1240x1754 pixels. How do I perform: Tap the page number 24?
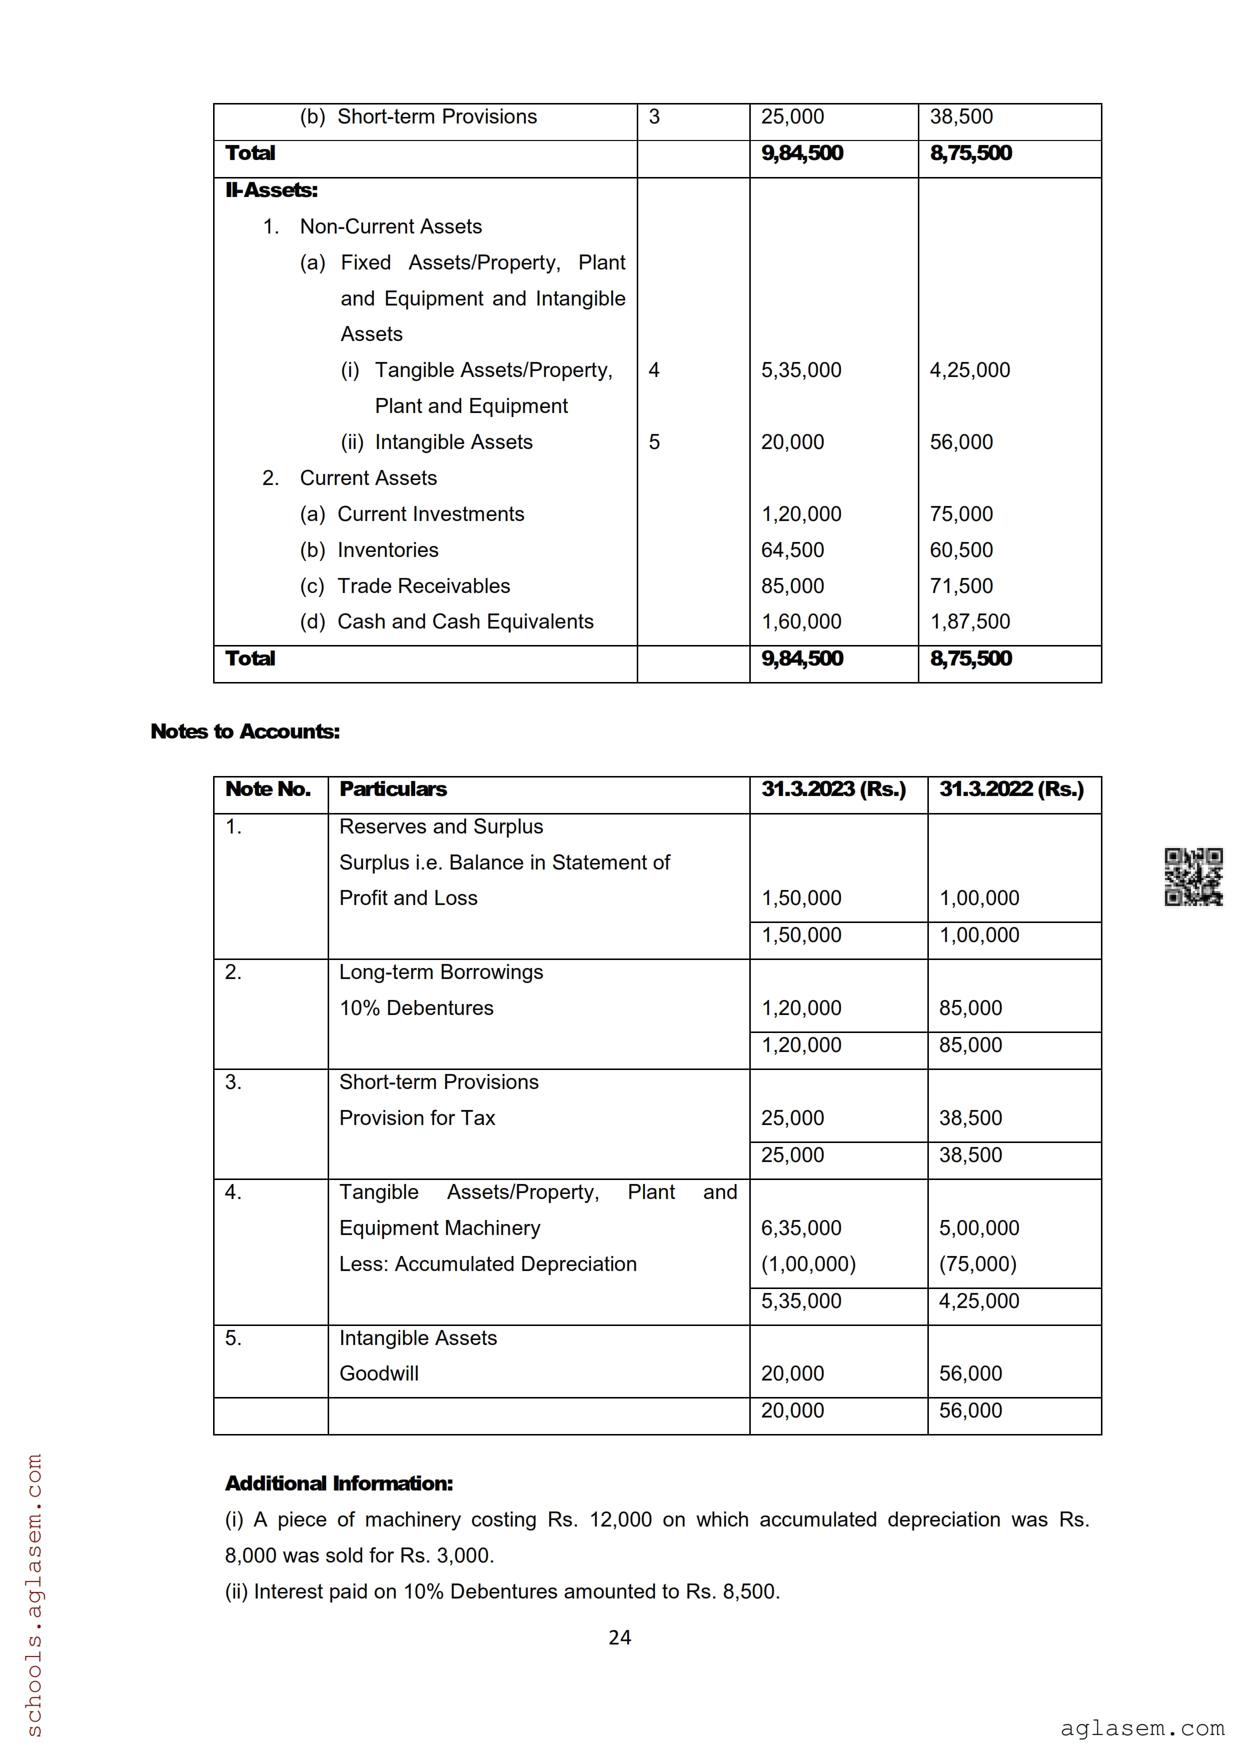pyautogui.click(x=620, y=1637)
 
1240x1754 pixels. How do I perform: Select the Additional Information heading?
pyautogui.click(x=339, y=1483)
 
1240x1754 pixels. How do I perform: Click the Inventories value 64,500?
pyautogui.click(x=792, y=550)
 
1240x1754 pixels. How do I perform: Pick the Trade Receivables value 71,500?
pyautogui.click(x=961, y=586)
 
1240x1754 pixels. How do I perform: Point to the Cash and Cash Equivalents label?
pyautogui.click(x=465, y=622)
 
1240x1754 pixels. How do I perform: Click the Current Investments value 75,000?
pyautogui.click(x=961, y=514)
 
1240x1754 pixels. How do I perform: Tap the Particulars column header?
pyautogui.click(x=393, y=789)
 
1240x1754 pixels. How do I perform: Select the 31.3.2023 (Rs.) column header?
pyautogui.click(x=833, y=789)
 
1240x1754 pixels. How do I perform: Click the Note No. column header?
pyautogui.click(x=268, y=789)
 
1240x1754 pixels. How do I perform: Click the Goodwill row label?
pyautogui.click(x=379, y=1373)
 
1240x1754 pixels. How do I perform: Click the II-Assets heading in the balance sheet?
pyautogui.click(x=271, y=190)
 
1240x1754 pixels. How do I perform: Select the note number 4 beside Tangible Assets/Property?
pyautogui.click(x=654, y=370)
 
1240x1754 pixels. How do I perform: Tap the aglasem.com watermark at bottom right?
pyautogui.click(x=1141, y=1728)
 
